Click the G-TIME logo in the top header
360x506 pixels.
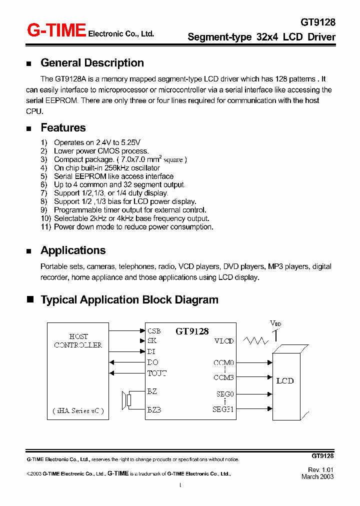pyautogui.click(x=56, y=31)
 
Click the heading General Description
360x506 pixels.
pyautogui.click(x=92, y=63)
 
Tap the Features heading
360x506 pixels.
pyautogui.click(x=63, y=128)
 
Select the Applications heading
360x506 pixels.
pyautogui.click(x=73, y=250)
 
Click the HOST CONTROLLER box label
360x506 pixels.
pyautogui.click(x=78, y=340)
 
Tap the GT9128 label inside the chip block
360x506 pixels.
pyautogui.click(x=192, y=331)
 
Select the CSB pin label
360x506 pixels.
pyautogui.click(x=154, y=331)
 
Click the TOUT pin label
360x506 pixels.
pyautogui.click(x=156, y=373)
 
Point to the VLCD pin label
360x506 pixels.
pyautogui.click(x=224, y=341)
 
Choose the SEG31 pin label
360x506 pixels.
pyautogui.click(x=223, y=409)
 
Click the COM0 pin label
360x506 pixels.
pyautogui.click(x=223, y=362)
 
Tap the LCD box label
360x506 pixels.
pyautogui.click(x=285, y=381)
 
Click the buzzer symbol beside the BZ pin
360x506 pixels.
pyautogui.click(x=126, y=400)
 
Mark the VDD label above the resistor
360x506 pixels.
pyautogui.click(x=275, y=323)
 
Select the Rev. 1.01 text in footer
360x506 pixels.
pyautogui.click(x=320, y=470)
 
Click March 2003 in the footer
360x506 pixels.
pyautogui.click(x=317, y=476)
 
